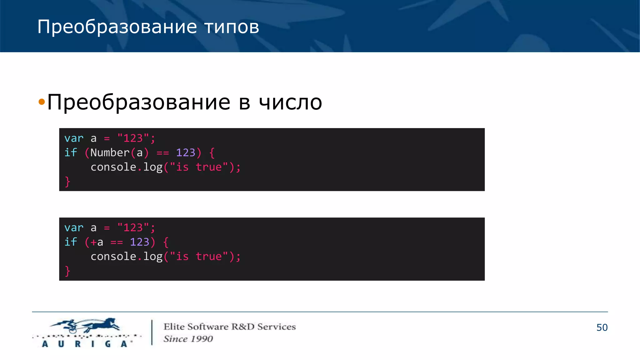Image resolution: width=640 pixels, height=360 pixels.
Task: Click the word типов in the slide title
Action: pos(232,27)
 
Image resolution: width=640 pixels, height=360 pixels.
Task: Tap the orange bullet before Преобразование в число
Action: pos(42,102)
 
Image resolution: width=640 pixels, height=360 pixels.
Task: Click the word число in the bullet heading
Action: pos(290,102)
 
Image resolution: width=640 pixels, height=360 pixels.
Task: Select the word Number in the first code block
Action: pos(110,152)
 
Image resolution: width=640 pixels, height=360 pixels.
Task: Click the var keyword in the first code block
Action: pos(74,138)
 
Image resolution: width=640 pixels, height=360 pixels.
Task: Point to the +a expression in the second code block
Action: pos(97,242)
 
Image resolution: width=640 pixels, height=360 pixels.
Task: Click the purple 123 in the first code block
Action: pos(185,152)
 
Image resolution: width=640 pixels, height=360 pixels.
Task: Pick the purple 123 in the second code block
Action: pos(139,242)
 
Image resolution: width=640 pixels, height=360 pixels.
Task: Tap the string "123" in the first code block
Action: pos(133,138)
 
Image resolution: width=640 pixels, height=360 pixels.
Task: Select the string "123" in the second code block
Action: pos(133,227)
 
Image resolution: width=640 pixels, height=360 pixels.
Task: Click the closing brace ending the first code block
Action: pos(67,182)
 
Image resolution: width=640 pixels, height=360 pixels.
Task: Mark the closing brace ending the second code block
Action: pos(67,271)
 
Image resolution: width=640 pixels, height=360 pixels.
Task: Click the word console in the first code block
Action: pos(113,167)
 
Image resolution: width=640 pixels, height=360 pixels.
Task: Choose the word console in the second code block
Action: pos(113,257)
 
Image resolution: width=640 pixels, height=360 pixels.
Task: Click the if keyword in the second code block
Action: pos(70,242)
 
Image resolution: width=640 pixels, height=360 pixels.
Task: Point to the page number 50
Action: pos(602,327)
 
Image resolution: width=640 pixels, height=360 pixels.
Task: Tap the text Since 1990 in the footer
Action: pos(188,339)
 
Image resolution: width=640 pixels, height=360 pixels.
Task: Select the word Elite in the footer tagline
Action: pos(174,327)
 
